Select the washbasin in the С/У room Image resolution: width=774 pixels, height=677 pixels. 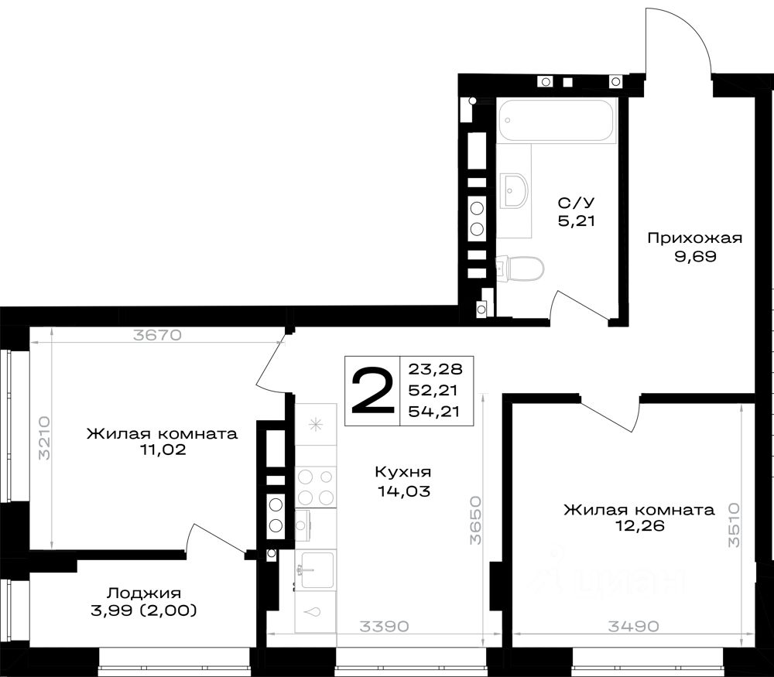click(x=514, y=190)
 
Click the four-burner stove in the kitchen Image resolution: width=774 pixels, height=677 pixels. click(x=316, y=487)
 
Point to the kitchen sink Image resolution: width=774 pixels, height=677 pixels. click(x=316, y=569)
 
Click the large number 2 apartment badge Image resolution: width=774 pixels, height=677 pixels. click(x=373, y=391)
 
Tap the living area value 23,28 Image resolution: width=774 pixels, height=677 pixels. click(x=433, y=369)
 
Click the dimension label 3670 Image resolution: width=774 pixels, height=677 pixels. click(x=157, y=336)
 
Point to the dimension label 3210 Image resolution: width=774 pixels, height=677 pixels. click(x=44, y=438)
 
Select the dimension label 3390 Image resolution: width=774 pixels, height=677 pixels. click(x=384, y=627)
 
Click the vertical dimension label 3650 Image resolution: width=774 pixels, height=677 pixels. click(x=475, y=520)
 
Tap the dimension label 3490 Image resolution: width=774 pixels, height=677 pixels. click(x=633, y=627)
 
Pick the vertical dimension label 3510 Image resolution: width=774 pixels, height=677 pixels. click(x=734, y=525)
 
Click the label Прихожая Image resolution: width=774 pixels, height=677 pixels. click(x=694, y=238)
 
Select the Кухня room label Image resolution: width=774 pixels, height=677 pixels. click(x=403, y=472)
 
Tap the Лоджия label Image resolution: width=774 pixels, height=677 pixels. click(x=144, y=593)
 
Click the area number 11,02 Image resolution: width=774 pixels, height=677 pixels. click(x=163, y=450)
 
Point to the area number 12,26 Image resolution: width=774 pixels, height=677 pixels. click(x=639, y=526)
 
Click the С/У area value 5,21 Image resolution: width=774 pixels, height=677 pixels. click(x=576, y=221)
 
